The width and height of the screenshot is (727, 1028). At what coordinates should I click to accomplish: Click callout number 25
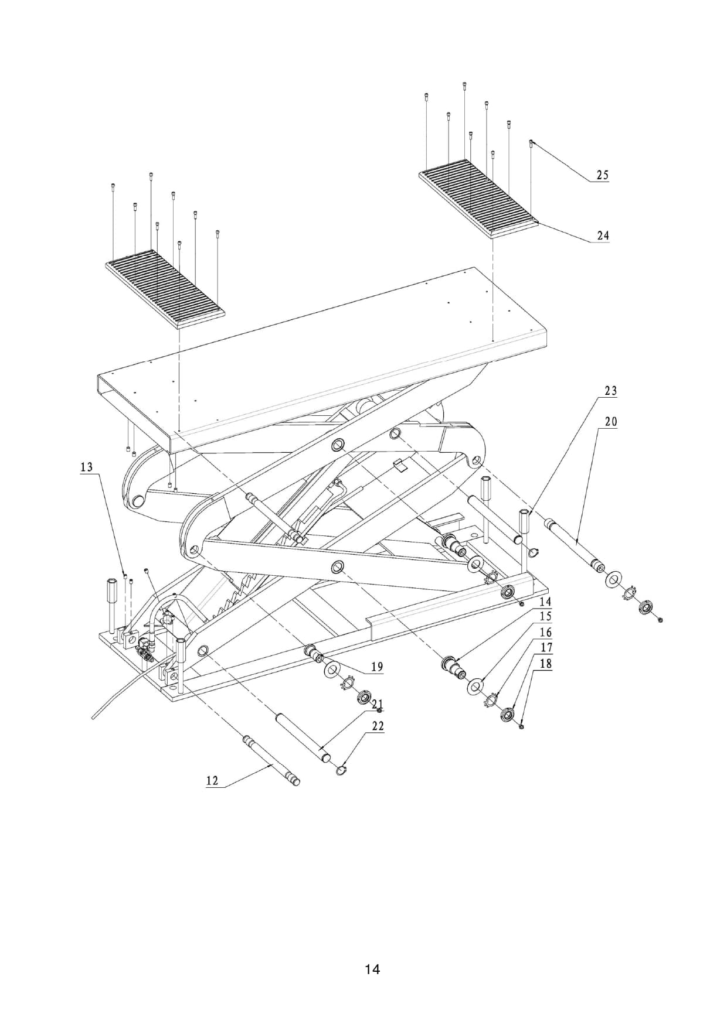pyautogui.click(x=603, y=175)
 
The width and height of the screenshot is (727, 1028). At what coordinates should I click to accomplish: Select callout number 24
pyautogui.click(x=603, y=235)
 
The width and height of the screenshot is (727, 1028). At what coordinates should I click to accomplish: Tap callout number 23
pyautogui.click(x=611, y=391)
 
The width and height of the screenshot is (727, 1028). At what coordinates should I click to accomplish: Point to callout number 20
pyautogui.click(x=611, y=421)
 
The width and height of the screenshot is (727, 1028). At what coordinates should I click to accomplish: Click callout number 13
pyautogui.click(x=87, y=467)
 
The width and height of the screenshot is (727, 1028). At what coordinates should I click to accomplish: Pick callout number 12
pyautogui.click(x=212, y=780)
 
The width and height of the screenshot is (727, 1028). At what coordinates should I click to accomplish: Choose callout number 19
pyautogui.click(x=376, y=667)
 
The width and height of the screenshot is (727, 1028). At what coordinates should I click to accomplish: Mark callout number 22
pyautogui.click(x=378, y=726)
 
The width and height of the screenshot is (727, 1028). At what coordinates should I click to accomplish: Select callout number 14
pyautogui.click(x=545, y=602)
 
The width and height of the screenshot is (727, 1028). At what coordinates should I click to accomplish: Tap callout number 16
pyautogui.click(x=546, y=633)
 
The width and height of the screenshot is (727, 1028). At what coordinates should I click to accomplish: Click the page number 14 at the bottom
pyautogui.click(x=372, y=969)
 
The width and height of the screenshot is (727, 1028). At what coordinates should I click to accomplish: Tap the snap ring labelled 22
pyautogui.click(x=342, y=769)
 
